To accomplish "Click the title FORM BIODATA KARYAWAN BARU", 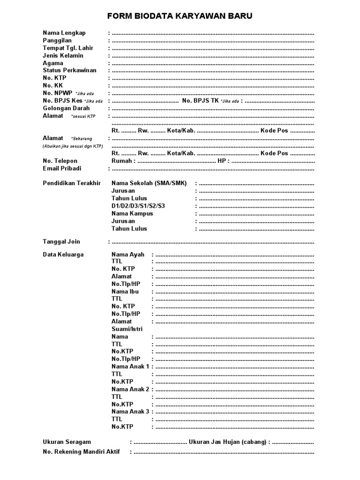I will [180, 16].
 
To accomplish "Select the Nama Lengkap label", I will [64, 33].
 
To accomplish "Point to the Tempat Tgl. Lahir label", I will [68, 48].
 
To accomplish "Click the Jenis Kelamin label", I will [63, 56].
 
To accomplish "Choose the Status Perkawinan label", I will [69, 71].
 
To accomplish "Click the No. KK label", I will [52, 86].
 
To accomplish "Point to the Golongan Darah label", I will [66, 108].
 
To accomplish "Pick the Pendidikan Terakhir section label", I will [72, 183].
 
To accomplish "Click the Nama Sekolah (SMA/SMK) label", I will [149, 183].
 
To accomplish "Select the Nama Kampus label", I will [132, 214].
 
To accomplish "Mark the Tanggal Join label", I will [61, 242].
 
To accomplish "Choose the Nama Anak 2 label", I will [130, 389].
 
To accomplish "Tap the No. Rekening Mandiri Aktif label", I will [81, 452].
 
